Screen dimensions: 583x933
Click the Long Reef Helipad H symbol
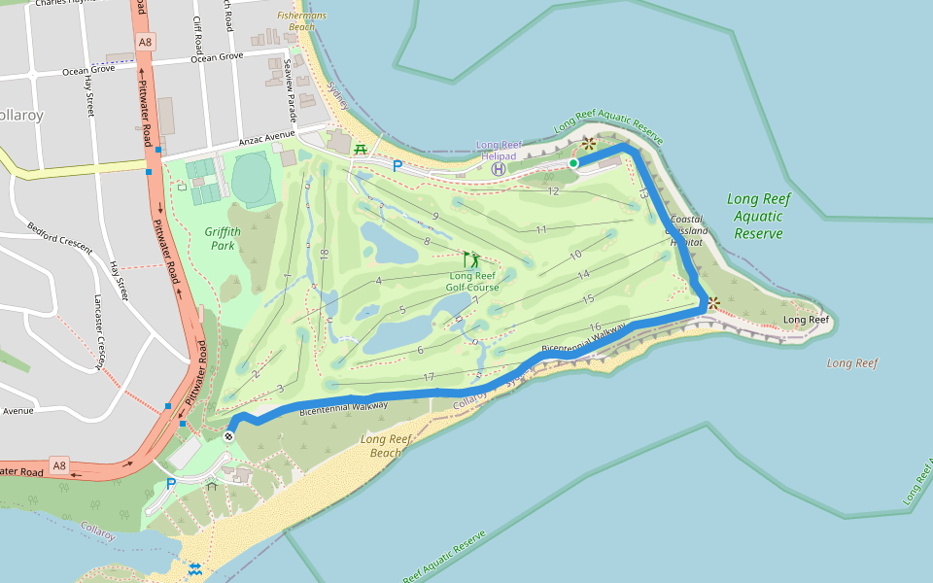pos(499,169)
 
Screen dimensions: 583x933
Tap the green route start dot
pos(573,163)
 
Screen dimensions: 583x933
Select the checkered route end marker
pos(229,437)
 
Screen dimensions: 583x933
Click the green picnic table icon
pos(361,150)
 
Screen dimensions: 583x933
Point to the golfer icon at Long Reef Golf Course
pos(471,259)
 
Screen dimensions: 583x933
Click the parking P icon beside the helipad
pos(397,166)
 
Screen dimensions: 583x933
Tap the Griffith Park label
pos(223,239)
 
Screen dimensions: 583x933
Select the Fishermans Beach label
pos(301,21)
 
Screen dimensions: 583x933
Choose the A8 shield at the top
pos(145,42)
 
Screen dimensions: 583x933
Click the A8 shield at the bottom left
pos(59,465)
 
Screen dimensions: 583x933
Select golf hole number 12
pos(553,191)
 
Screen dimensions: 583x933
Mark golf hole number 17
pos(429,377)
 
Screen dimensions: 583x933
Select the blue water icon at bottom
pos(195,568)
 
